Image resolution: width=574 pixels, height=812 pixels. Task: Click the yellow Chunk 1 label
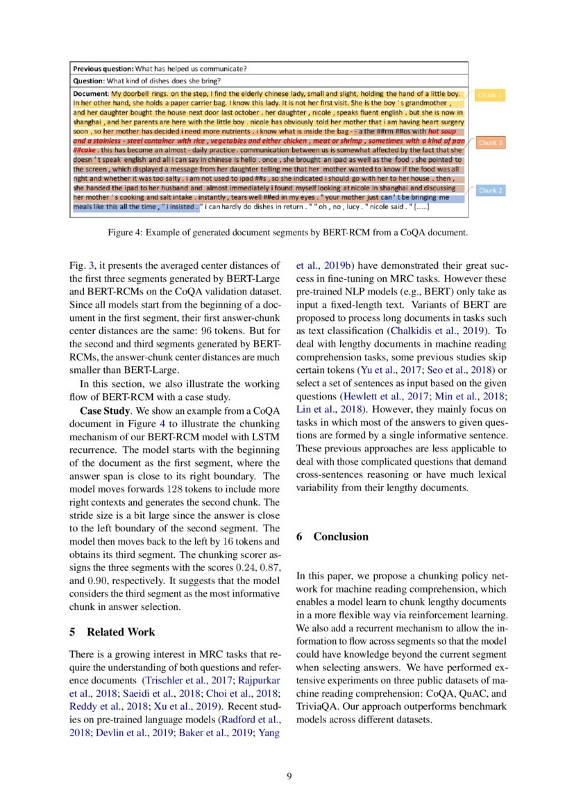490,94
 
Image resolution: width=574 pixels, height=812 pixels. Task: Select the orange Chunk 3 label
490,142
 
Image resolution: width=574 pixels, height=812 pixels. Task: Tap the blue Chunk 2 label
490,190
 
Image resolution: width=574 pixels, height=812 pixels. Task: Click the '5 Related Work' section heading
112,631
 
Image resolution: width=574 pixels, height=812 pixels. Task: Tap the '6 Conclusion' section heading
332,536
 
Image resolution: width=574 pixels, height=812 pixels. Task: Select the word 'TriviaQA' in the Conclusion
317,706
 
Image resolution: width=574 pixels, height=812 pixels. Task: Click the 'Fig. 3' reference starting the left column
82,264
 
